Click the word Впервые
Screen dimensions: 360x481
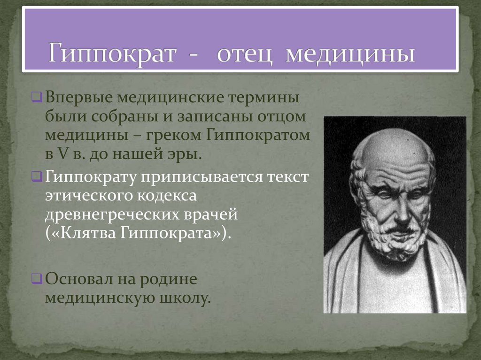[78, 99]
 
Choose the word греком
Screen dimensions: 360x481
[171, 135]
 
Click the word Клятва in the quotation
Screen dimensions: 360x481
[82, 233]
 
